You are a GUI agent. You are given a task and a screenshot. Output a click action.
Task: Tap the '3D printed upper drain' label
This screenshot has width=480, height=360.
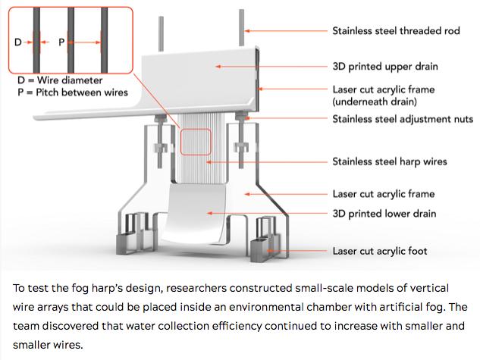click(x=385, y=66)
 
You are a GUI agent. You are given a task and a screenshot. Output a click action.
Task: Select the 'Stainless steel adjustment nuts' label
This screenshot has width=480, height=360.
click(x=403, y=119)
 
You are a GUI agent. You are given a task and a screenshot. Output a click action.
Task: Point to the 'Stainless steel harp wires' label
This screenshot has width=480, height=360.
click(x=390, y=161)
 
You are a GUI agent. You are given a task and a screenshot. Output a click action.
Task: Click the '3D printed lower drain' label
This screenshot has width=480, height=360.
click(x=384, y=214)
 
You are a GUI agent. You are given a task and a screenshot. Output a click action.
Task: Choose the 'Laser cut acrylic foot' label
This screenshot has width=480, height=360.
click(x=380, y=251)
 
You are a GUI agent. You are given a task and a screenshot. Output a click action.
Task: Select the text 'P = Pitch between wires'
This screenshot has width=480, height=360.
click(x=72, y=92)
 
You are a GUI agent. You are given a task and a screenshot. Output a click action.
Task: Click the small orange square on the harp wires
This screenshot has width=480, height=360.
click(x=196, y=144)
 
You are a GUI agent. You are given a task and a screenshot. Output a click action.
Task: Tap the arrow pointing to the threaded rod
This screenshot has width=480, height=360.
click(x=284, y=31)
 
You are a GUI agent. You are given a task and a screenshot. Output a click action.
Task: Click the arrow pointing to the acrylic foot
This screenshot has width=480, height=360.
click(x=307, y=251)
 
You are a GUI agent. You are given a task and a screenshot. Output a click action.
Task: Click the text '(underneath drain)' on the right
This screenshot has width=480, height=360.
click(x=375, y=100)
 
